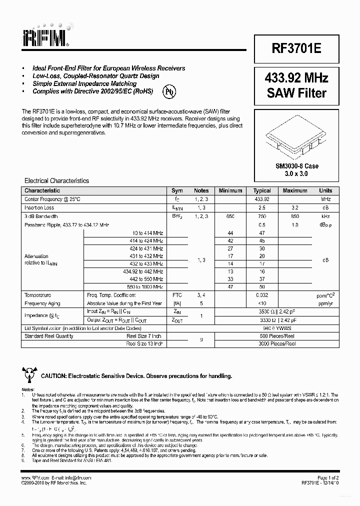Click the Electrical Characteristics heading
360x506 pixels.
[x=57, y=180]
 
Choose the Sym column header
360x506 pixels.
[x=177, y=190]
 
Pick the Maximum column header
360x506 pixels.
[x=295, y=190]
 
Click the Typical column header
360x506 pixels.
[x=262, y=190]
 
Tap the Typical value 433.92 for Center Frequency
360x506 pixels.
[x=262, y=199]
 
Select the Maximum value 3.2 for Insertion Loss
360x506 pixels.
[x=295, y=207]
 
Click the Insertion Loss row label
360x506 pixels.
[x=39, y=207]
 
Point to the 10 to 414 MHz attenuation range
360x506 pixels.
[x=147, y=233]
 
